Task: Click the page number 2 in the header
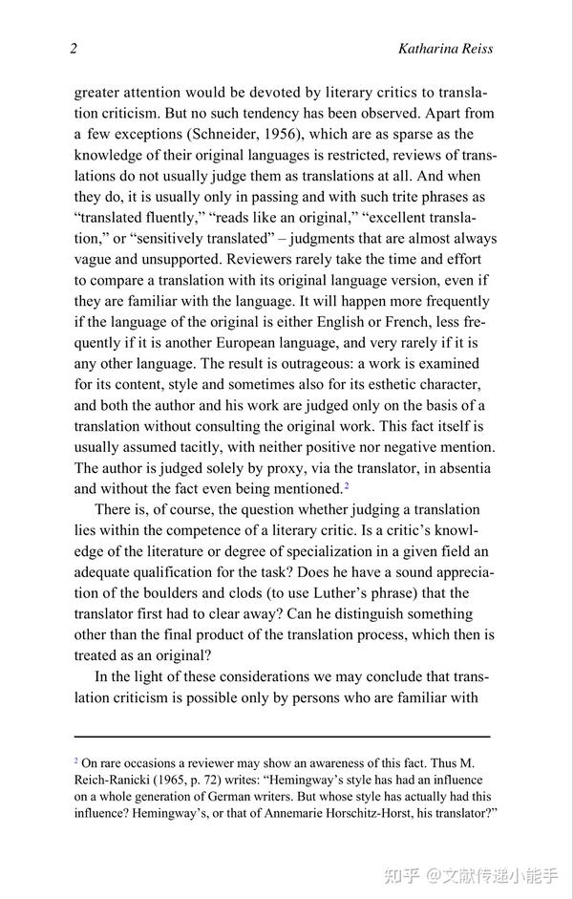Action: (74, 49)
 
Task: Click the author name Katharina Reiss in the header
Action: (445, 49)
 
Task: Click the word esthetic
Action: (361, 384)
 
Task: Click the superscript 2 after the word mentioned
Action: (346, 486)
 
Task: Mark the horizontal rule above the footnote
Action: (282, 737)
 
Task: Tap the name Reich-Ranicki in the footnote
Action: (117, 779)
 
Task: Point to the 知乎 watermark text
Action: (403, 874)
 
